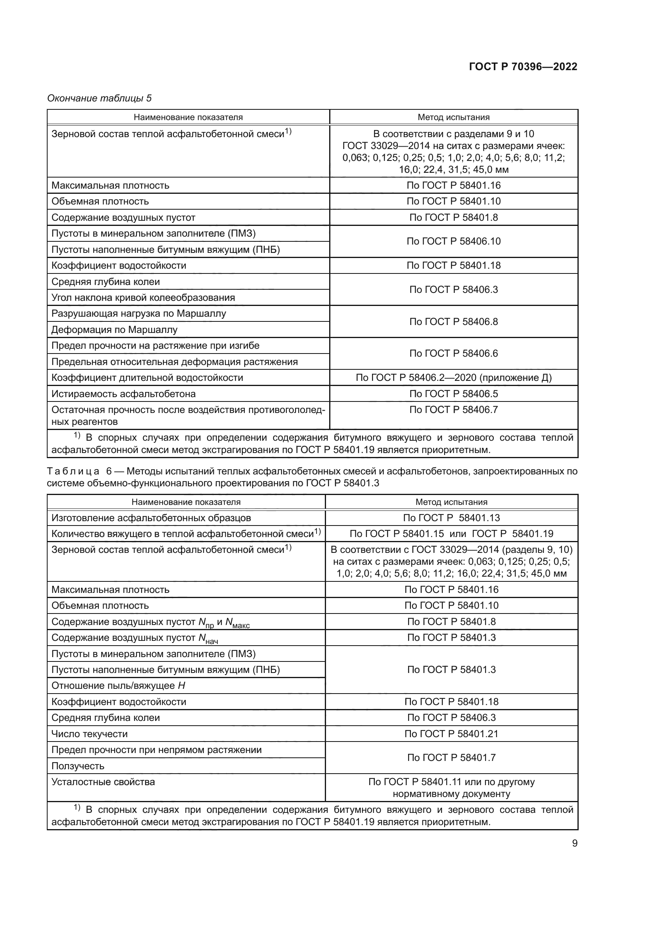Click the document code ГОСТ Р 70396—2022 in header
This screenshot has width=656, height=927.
tap(523, 67)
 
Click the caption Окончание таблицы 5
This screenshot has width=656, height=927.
tap(100, 98)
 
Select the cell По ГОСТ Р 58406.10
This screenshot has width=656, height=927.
tap(453, 241)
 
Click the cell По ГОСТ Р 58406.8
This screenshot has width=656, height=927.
tap(453, 322)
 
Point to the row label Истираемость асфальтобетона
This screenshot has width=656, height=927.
tap(124, 394)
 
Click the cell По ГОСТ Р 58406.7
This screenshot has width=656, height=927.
tap(453, 410)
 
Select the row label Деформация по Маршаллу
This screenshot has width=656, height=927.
tap(114, 330)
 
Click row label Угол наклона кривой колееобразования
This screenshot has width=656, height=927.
tap(143, 298)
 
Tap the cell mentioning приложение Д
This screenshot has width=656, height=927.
tap(453, 378)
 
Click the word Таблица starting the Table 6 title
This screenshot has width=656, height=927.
tap(73, 471)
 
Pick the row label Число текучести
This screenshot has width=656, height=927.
tap(89, 734)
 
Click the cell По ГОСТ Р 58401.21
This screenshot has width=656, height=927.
tap(451, 734)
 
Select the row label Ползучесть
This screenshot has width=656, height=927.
tap(78, 766)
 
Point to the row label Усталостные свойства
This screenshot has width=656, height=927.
tap(103, 782)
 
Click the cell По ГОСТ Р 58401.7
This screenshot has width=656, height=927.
tap(451, 758)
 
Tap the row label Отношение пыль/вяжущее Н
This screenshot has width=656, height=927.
tap(118, 686)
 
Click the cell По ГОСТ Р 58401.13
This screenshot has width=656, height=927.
tap(451, 518)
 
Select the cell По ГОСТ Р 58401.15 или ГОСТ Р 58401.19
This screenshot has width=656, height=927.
tap(451, 534)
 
